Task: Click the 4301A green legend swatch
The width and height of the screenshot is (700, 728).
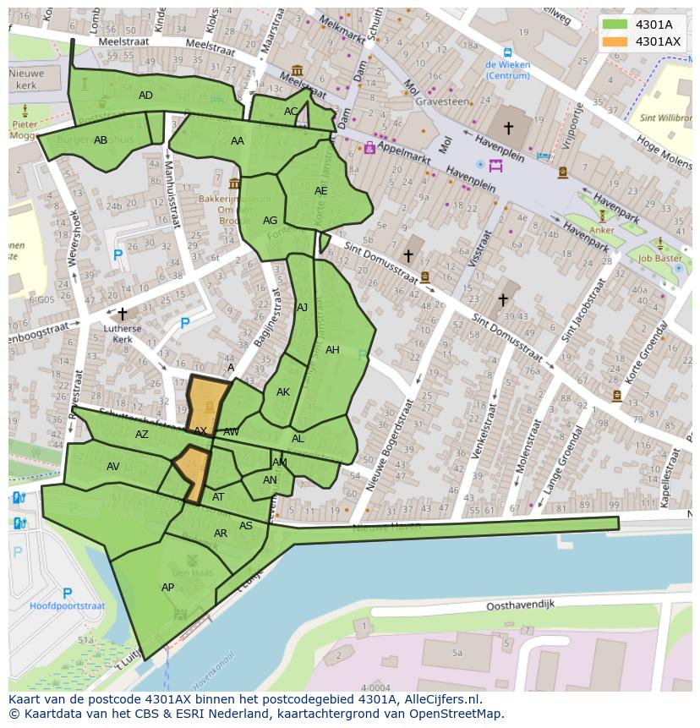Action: point(615,25)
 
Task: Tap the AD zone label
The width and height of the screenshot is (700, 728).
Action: point(145,96)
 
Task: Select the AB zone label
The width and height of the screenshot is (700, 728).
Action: point(101,140)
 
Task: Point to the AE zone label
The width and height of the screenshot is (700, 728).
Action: point(320,191)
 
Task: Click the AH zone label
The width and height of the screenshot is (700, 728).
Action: point(332,350)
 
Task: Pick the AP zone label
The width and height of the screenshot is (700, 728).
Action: point(167,588)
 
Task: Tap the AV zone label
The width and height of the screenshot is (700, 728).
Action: point(113,467)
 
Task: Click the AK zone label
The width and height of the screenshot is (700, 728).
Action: point(283,392)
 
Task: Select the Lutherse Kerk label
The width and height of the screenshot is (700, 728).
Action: point(123,334)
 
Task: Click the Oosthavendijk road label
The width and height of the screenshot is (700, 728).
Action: point(520,606)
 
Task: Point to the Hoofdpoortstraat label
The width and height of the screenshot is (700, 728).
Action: point(68,606)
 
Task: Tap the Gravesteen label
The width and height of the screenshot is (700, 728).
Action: point(441,101)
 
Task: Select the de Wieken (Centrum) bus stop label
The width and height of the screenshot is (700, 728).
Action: point(507,69)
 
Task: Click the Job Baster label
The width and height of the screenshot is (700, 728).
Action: point(660,259)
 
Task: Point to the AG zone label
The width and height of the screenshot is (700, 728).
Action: point(270,221)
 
